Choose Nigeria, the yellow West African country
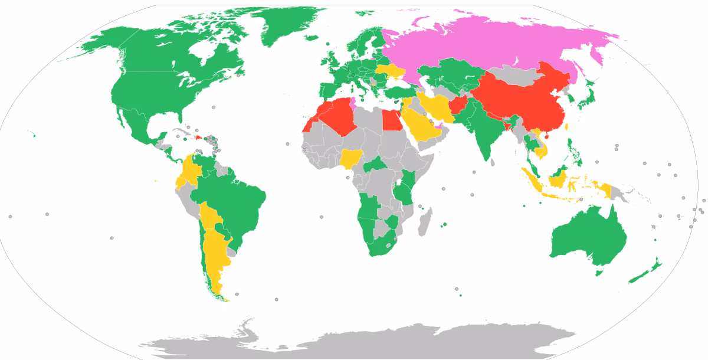[x=352, y=159]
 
